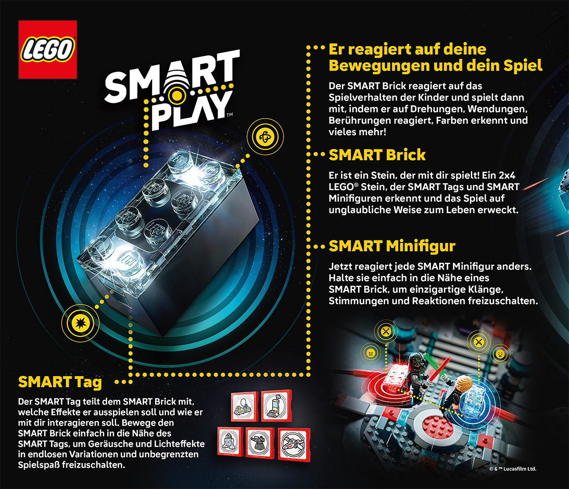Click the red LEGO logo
click(47, 49)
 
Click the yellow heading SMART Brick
click(377, 155)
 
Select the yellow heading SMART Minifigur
click(392, 246)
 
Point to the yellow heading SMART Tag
click(60, 382)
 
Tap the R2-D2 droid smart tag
click(230, 442)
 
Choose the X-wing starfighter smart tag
click(294, 444)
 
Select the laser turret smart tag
click(260, 443)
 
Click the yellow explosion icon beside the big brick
click(81, 323)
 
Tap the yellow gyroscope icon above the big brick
click(265, 137)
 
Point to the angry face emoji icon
click(371, 353)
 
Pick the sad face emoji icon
click(500, 354)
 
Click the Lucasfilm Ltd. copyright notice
click(513, 469)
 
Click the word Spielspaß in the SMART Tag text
click(39, 465)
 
